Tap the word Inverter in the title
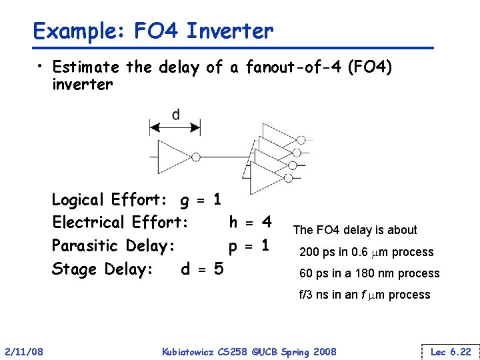coord(230,31)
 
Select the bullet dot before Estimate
coord(41,67)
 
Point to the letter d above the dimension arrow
coord(175,115)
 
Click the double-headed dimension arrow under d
coord(175,127)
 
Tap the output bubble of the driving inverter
coord(196,157)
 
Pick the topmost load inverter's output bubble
coord(301,140)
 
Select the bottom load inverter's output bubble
coord(288,178)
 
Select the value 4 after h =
coord(267,221)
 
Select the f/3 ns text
coord(317,295)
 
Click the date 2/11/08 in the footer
coord(25,351)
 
